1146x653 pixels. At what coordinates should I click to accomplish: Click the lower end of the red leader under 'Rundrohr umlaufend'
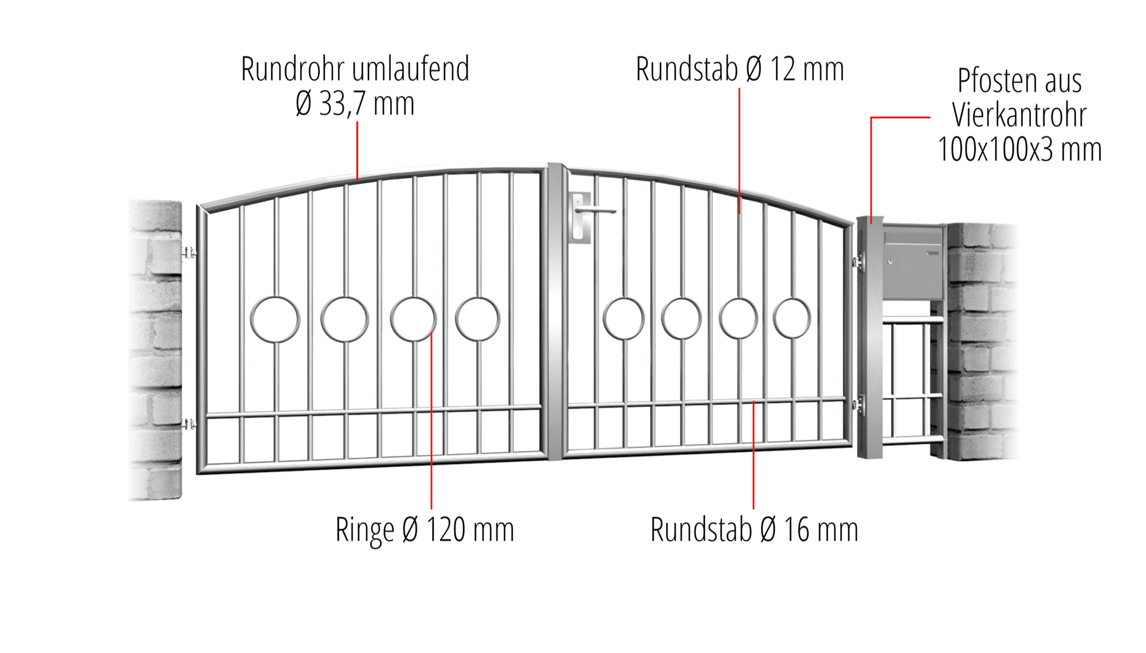coord(358,180)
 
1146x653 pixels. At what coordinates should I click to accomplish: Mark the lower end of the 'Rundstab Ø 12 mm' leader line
coord(739,214)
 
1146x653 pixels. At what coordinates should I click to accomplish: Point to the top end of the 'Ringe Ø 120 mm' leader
coord(431,331)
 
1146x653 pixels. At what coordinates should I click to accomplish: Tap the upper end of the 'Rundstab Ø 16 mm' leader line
coord(753,402)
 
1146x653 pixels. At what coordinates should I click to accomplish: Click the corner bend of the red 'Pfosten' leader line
coord(872,117)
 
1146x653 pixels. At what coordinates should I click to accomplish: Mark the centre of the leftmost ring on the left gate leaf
coord(275,320)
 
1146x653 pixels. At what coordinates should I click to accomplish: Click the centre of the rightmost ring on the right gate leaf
coord(792,318)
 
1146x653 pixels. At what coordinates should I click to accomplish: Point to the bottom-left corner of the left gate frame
coord(198,473)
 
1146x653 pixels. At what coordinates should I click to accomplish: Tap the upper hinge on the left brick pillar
coord(189,252)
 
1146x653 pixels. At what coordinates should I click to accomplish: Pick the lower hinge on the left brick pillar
coord(189,424)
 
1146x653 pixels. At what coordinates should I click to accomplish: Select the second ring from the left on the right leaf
coord(681,318)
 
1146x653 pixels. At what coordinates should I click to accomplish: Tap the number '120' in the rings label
coord(446,530)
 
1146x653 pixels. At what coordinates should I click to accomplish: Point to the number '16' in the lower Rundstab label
coord(796,530)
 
